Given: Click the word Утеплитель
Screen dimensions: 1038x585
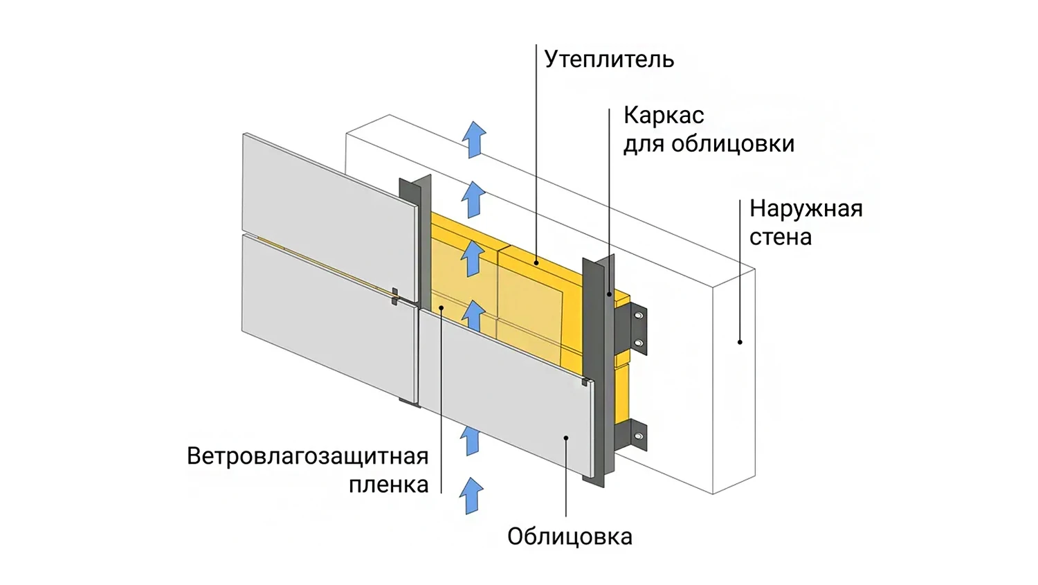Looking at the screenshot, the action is pos(609,60).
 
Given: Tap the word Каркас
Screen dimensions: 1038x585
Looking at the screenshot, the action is pos(664,116).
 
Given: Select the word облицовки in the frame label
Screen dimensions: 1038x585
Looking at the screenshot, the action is pos(733,144).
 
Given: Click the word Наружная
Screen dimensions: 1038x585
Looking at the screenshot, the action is pos(806,209).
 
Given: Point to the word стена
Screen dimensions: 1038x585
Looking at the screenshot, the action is pos(781,237).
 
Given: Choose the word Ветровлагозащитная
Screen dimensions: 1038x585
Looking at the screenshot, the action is pos(308,456).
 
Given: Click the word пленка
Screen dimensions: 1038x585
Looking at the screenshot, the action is pos(389,485).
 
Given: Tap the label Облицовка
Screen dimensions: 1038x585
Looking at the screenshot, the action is pos(570,537).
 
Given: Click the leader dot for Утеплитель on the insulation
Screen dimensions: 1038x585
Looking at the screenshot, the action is pos(536,263).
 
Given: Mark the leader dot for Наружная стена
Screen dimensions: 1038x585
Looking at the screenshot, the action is pos(740,342).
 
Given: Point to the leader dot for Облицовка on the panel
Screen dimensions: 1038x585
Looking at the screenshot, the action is pos(566,438).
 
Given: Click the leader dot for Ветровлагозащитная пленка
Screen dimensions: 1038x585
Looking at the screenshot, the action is pos(441,307).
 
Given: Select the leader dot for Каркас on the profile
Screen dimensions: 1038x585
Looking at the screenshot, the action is pos(609,294).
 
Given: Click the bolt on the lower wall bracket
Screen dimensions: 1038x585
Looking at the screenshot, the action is pos(639,436).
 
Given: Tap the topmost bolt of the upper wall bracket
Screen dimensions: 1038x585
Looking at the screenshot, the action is pos(639,316).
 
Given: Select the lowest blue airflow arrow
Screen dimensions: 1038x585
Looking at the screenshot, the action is pos(471,496).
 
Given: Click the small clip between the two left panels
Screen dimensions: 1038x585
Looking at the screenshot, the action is pos(395,297).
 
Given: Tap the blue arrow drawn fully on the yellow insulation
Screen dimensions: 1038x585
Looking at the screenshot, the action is pos(473,258).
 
